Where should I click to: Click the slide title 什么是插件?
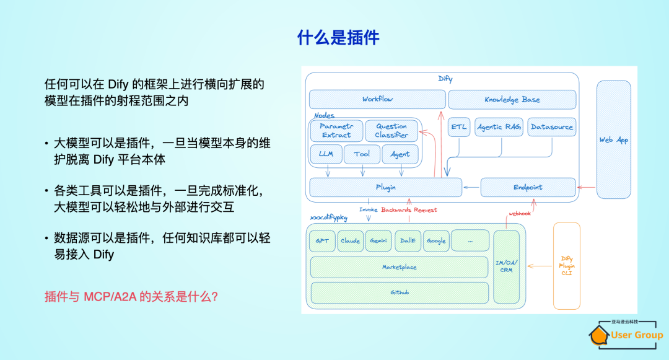point(338,38)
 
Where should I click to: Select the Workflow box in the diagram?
point(377,99)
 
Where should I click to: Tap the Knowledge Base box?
point(512,99)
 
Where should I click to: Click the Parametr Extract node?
point(336,130)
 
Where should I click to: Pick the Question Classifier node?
point(391,130)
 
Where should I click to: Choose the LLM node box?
point(325,154)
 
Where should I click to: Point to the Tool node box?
point(362,154)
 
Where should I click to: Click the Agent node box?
point(400,154)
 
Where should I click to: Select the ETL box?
point(459,127)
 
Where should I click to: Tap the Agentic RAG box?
point(499,127)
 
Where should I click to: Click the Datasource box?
point(551,127)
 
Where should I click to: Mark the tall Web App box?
point(613,140)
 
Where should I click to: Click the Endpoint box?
point(528,187)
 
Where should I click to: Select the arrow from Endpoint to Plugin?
point(471,187)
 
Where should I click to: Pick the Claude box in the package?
point(351,241)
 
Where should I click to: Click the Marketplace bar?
point(399,267)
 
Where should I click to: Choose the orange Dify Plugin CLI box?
point(567,266)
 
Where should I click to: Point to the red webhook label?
point(519,213)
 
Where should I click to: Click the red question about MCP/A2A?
point(131,297)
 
